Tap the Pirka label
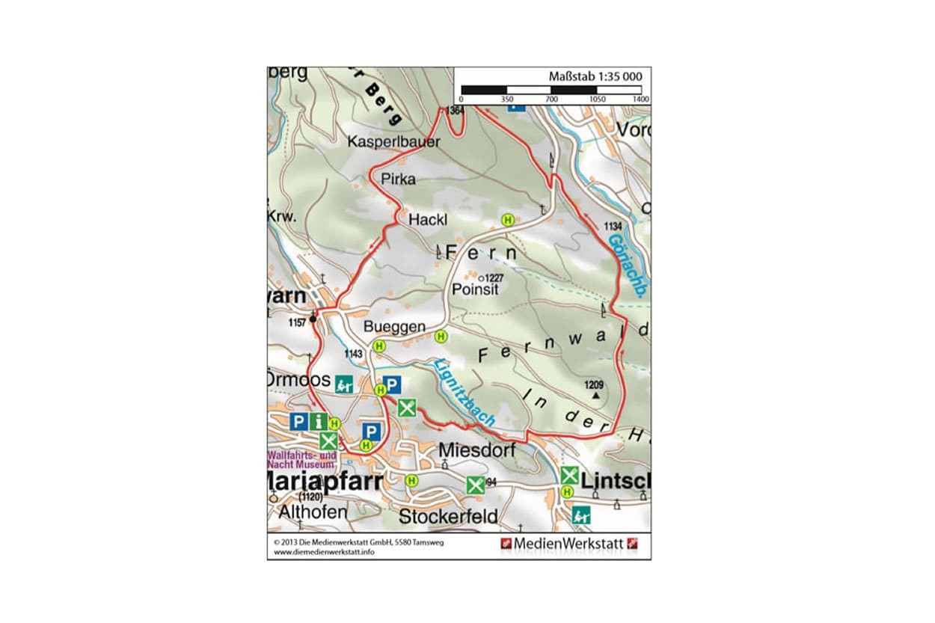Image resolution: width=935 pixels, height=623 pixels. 397,179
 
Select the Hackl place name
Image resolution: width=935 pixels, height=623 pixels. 427,220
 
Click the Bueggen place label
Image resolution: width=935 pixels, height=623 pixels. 394,328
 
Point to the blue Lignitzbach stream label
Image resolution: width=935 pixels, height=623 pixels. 464,393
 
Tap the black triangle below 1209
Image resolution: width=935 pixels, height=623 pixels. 595,395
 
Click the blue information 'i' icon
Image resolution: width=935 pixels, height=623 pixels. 319,422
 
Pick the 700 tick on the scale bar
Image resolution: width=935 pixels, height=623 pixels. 551,99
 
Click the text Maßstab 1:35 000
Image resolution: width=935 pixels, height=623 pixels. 595,76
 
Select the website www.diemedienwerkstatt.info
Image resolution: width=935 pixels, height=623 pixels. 324,552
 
